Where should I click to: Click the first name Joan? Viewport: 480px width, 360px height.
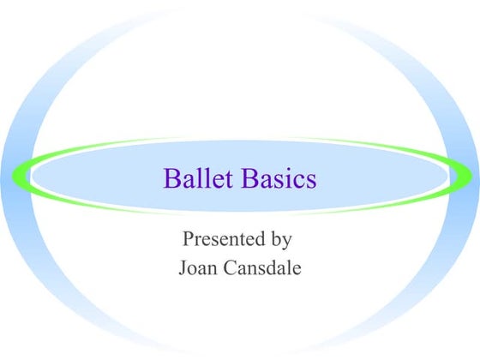point(198,267)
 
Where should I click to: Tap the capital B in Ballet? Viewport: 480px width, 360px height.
point(170,180)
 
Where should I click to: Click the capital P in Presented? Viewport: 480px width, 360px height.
point(189,237)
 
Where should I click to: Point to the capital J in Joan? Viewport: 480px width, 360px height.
point(183,267)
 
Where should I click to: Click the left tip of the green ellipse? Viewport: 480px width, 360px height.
point(14,176)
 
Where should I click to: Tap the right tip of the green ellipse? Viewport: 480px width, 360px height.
point(469,176)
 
